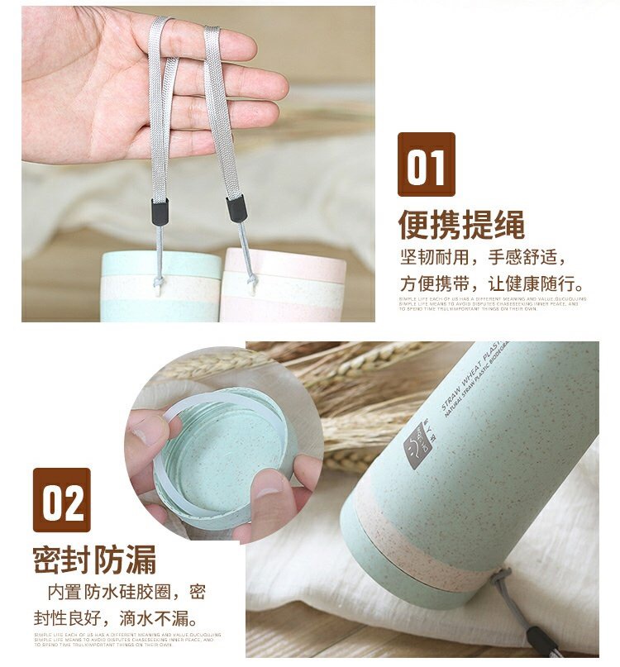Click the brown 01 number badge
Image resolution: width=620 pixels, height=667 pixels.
click(427, 165)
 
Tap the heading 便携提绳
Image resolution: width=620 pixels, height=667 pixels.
click(461, 224)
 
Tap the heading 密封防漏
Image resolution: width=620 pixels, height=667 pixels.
click(94, 560)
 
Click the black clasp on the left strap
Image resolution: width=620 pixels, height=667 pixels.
click(159, 212)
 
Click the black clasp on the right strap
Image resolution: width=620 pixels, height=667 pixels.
click(236, 208)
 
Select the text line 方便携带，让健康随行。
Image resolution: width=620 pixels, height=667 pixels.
click(494, 282)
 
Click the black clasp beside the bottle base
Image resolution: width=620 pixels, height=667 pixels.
click(541, 641)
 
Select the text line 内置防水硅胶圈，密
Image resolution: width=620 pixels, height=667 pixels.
click(126, 592)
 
